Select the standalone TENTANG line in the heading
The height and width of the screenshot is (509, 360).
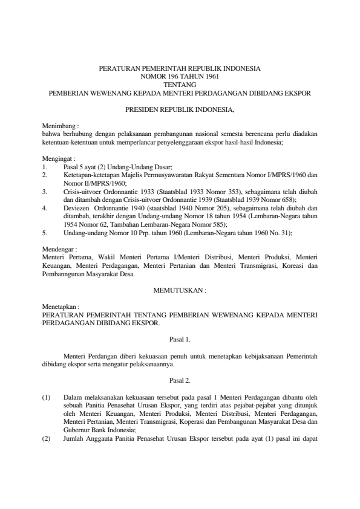[x=180, y=85]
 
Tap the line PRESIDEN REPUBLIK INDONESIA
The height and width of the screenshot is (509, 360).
[x=180, y=111]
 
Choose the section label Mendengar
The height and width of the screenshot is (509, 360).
[x=59, y=248]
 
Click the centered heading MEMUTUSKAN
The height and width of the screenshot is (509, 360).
[x=180, y=290]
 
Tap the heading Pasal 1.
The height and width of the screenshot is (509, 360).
[x=180, y=340]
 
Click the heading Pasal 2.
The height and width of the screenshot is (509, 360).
[x=180, y=381]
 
